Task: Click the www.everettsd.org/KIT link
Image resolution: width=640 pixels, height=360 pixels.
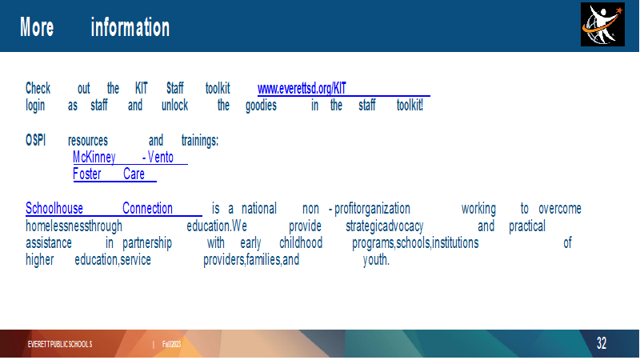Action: [x=302, y=88]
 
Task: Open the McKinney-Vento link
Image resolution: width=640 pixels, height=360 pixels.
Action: [x=123, y=157]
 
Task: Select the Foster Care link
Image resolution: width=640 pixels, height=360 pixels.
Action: [x=109, y=174]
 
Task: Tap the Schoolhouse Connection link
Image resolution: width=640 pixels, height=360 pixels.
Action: [x=99, y=208]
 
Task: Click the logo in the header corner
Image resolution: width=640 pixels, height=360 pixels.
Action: [x=602, y=25]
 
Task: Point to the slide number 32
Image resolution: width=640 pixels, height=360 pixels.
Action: [x=602, y=343]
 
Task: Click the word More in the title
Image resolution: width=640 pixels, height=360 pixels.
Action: [x=37, y=27]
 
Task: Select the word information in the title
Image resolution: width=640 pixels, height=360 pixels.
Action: [x=130, y=27]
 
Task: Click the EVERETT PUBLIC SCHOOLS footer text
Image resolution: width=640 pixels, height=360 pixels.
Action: [x=60, y=344]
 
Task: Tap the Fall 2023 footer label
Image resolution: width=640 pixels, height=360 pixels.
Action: [x=171, y=344]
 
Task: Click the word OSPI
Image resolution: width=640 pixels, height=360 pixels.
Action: [x=35, y=140]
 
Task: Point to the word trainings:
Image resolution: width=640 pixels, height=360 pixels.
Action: [x=200, y=141]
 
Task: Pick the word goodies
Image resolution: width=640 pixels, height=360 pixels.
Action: [x=262, y=106]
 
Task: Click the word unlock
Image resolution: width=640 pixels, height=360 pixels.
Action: [x=174, y=106]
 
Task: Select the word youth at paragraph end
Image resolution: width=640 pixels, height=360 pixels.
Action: [x=376, y=259]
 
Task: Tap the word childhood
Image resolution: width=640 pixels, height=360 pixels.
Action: [x=301, y=243]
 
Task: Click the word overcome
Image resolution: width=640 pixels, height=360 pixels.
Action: [x=559, y=209]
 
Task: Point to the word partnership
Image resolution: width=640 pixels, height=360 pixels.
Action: [x=147, y=243]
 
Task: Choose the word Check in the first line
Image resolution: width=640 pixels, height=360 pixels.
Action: [x=38, y=88]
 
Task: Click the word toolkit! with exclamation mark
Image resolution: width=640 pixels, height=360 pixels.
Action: [x=410, y=106]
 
